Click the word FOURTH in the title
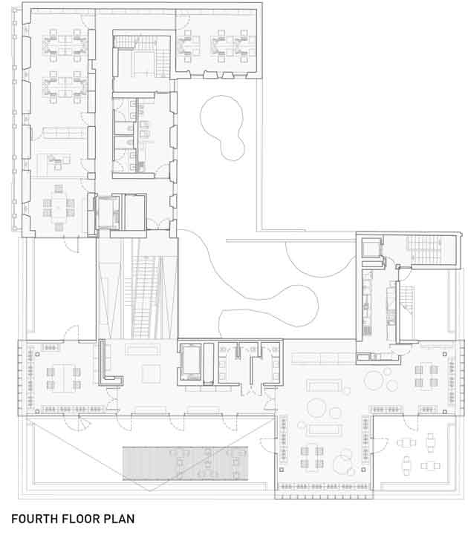pyautogui.click(x=34, y=519)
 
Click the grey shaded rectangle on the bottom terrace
pyautogui.click(x=185, y=463)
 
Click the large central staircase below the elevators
pyautogui.click(x=144, y=297)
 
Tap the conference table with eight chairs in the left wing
pyautogui.click(x=59, y=208)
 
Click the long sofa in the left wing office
pyautogui.click(x=64, y=133)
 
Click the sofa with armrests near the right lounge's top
pyautogui.click(x=324, y=386)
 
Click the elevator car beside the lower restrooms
pyautogui.click(x=191, y=361)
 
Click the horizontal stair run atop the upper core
pyautogui.click(x=134, y=42)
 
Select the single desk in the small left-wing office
pyautogui.click(x=58, y=160)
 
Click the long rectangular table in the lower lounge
pyautogui.click(x=325, y=430)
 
